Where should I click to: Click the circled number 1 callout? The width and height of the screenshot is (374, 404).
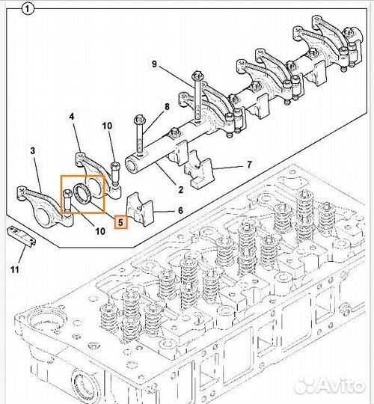28,10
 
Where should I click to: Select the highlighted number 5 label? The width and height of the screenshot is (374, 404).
121,222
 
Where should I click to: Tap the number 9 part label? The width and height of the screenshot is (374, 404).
154,64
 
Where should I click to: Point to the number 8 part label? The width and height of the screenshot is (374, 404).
167,107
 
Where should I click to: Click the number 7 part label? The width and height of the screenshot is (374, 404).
249,165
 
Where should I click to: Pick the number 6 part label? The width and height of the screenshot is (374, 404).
180,210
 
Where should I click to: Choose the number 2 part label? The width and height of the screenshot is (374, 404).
181,190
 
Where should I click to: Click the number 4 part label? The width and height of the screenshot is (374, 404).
72,117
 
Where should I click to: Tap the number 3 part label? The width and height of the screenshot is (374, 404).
33,150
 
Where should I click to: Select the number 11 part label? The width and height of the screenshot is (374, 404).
15,270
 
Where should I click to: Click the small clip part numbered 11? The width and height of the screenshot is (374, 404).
21,236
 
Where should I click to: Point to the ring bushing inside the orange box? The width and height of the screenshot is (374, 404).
82,194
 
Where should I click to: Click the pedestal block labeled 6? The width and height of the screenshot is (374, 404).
140,209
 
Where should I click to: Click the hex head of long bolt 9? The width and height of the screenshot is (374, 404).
197,76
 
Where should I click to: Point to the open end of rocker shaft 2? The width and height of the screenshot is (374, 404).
132,164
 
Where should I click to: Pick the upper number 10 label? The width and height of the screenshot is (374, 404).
107,126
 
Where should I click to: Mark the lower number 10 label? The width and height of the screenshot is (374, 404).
100,231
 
